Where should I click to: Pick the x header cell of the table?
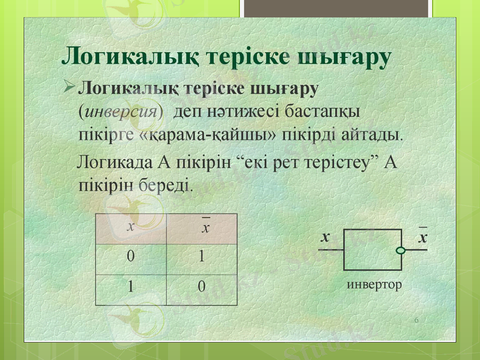[131, 228]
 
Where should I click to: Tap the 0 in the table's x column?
[130, 257]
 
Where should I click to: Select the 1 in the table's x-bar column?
[202, 257]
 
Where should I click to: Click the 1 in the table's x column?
[130, 287]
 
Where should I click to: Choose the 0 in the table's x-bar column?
[202, 287]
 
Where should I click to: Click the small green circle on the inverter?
[401, 250]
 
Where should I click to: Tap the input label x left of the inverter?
[325, 238]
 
